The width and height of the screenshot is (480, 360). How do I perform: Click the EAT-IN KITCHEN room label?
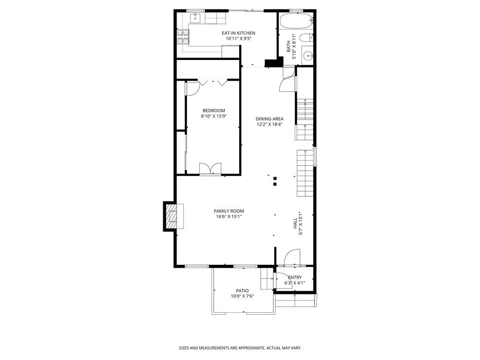[238, 33]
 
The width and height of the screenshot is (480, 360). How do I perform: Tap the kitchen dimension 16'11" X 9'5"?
[238, 38]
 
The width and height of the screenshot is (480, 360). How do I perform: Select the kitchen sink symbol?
[196, 18]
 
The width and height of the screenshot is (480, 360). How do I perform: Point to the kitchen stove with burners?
[182, 37]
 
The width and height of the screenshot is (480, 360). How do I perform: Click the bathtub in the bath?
[296, 21]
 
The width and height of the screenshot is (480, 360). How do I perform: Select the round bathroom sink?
[307, 56]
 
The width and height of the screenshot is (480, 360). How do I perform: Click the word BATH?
[289, 47]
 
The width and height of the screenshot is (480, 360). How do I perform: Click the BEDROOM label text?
[214, 111]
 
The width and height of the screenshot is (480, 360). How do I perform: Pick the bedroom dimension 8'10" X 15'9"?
[214, 116]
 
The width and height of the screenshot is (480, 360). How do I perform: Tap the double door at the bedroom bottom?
[210, 169]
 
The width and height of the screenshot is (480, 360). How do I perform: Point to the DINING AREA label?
[269, 119]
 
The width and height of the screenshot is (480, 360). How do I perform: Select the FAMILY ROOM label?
[229, 211]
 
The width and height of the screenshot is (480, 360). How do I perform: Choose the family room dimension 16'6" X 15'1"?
[229, 217]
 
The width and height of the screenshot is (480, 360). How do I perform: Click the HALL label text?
[295, 223]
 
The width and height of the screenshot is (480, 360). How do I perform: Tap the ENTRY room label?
[294, 277]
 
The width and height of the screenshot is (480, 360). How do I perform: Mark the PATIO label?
[242, 291]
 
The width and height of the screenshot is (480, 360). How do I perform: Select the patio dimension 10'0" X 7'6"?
[242, 296]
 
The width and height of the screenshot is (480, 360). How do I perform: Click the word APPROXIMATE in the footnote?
[250, 348]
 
